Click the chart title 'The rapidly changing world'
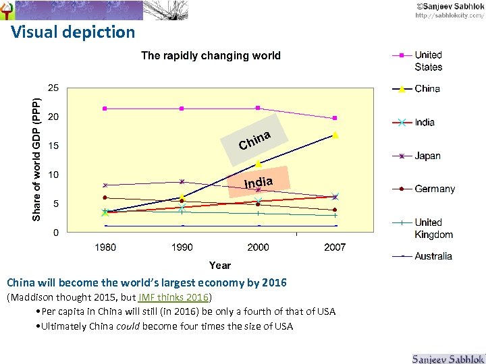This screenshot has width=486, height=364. coord(211,55)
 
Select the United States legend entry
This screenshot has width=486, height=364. coord(428,61)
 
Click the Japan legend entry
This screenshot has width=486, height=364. coord(427,156)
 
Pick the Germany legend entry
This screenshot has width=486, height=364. coord(435,189)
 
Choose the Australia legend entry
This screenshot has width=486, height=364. coord(433,255)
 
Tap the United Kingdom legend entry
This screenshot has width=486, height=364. coord(433,228)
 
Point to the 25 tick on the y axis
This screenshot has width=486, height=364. coord(52,88)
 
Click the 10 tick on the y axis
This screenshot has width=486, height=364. coord(52,175)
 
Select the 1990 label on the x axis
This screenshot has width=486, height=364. coord(182,247)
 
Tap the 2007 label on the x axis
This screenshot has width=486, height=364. coord(335,247)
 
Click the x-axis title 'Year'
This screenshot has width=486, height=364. coord(219,266)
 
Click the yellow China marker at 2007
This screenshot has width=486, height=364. coord(335,135)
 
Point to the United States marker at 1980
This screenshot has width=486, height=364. coord(105,109)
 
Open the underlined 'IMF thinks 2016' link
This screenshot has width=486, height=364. coord(173,297)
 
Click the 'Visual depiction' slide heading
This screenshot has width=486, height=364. coord(73,32)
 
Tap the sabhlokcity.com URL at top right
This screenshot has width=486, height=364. coord(449,15)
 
